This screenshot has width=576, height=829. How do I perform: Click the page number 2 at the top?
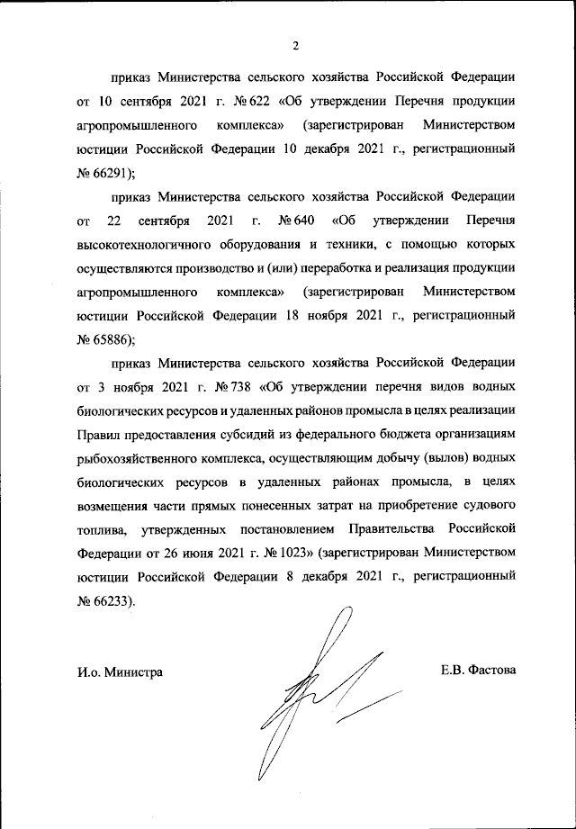pyautogui.click(x=295, y=47)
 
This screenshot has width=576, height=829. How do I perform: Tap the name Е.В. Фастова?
pyautogui.click(x=479, y=671)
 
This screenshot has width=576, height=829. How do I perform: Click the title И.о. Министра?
pyautogui.click(x=120, y=671)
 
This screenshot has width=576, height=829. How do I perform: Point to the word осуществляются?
pyautogui.click(x=126, y=267)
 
